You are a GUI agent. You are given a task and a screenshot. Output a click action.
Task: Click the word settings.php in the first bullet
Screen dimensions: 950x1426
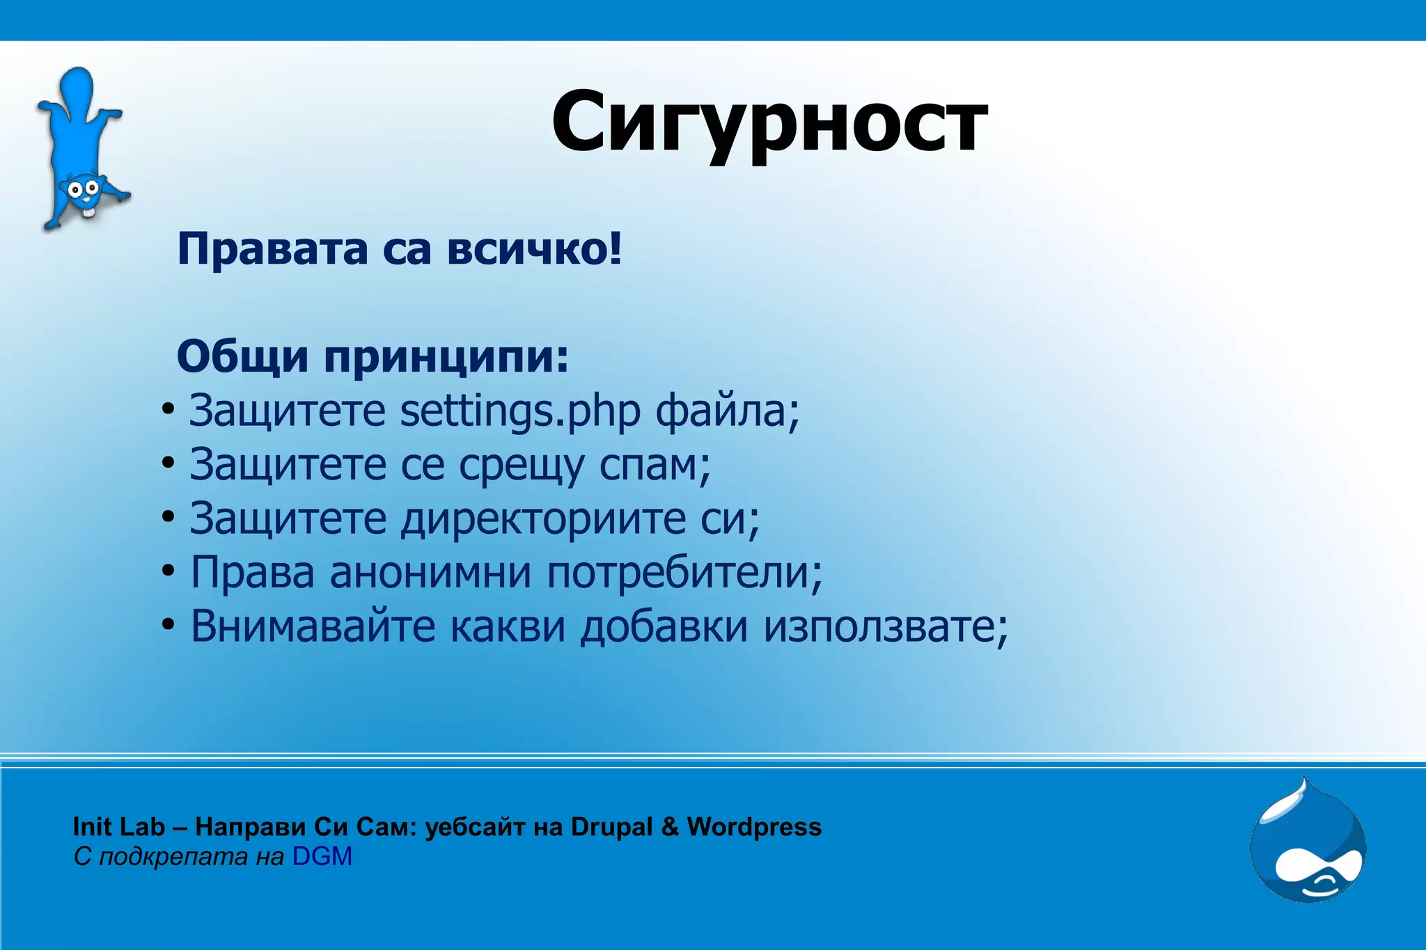click(519, 411)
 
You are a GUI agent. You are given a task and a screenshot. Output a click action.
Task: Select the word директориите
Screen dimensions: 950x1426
click(543, 519)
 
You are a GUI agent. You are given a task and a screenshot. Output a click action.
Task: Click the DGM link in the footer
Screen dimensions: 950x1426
click(322, 857)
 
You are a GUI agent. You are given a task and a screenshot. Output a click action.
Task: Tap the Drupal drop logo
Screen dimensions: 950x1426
click(1308, 842)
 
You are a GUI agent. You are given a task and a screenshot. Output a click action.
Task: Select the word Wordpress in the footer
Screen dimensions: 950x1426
click(754, 827)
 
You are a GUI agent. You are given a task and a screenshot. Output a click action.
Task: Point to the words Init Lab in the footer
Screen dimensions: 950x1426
click(118, 827)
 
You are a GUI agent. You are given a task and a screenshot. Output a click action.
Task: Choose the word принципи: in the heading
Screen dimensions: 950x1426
click(446, 358)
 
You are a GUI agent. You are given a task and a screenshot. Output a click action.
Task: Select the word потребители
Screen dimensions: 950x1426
click(683, 573)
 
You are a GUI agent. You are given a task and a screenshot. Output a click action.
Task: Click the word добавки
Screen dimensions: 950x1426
click(664, 626)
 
